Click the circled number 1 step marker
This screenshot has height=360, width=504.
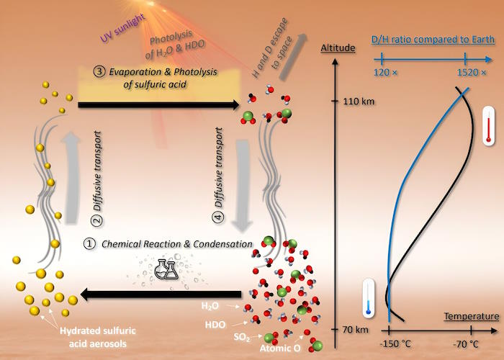(x=90, y=243)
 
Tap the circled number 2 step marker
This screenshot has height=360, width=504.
(x=98, y=220)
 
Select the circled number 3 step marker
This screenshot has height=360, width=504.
(x=99, y=71)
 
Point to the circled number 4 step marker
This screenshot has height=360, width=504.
(x=218, y=217)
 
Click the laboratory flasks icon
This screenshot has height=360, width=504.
(x=166, y=269)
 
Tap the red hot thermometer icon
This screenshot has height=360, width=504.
(x=488, y=126)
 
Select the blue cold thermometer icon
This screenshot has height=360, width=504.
(x=369, y=298)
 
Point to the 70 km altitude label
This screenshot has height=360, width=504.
(x=356, y=330)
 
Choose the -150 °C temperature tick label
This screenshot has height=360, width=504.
(x=395, y=344)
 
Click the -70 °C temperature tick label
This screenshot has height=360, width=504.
(x=466, y=344)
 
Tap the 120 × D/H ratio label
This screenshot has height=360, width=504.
(x=385, y=72)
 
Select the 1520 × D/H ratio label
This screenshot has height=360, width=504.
(x=472, y=72)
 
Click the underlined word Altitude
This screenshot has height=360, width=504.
(x=338, y=48)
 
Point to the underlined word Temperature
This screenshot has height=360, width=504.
(x=472, y=316)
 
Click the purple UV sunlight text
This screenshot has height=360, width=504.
(x=122, y=29)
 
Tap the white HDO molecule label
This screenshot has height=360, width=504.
(x=215, y=325)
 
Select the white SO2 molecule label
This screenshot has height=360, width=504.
(x=242, y=337)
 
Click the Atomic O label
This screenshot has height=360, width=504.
(x=280, y=348)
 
